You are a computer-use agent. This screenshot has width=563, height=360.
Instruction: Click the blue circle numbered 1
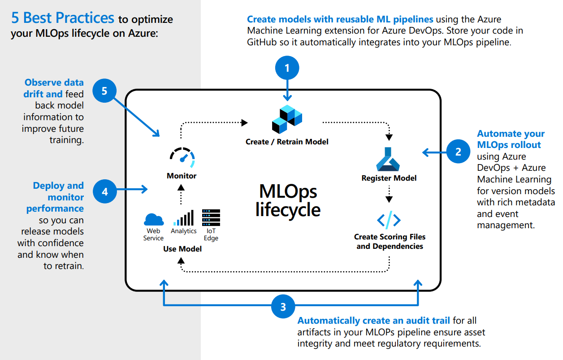pyautogui.click(x=287, y=68)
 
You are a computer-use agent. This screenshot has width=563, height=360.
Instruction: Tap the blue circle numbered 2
pyautogui.click(x=458, y=152)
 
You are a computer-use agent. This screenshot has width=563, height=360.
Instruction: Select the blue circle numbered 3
pyautogui.click(x=283, y=307)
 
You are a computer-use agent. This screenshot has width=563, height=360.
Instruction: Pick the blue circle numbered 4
pyautogui.click(x=105, y=191)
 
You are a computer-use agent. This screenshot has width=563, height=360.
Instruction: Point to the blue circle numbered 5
pyautogui.click(x=104, y=91)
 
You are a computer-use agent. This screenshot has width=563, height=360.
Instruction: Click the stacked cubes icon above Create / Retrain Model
pyautogui.click(x=287, y=119)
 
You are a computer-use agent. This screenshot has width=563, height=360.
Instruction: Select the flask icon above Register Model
pyautogui.click(x=388, y=160)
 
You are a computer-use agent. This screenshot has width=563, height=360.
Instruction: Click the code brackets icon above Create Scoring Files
pyautogui.click(x=389, y=220)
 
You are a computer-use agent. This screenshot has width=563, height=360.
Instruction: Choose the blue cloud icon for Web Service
pyautogui.click(x=154, y=220)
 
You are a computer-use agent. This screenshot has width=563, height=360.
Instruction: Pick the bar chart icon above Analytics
pyautogui.click(x=183, y=218)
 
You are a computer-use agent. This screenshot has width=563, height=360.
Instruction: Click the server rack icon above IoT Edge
pyautogui.click(x=211, y=218)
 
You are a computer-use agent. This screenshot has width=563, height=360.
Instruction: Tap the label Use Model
pyautogui.click(x=182, y=249)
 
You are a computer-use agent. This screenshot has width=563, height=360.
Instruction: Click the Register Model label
pyautogui.click(x=389, y=178)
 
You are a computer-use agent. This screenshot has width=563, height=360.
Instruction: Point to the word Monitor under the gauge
pyautogui.click(x=182, y=176)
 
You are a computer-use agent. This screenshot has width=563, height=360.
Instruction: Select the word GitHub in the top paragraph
pyautogui.click(x=262, y=42)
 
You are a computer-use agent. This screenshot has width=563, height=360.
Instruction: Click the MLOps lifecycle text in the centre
pyautogui.click(x=288, y=200)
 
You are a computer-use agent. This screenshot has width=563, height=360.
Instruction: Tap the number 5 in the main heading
pyautogui.click(x=15, y=18)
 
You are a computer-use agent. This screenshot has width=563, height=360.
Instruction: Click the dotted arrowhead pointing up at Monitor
pyautogui.click(x=181, y=187)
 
